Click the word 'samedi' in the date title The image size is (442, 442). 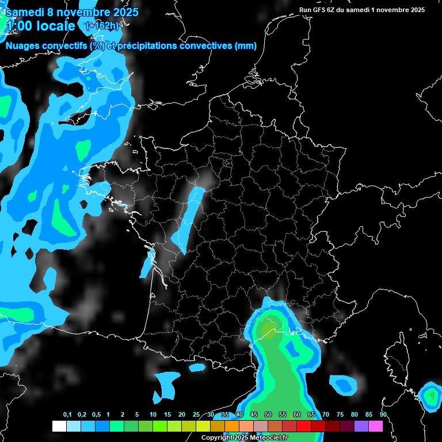[23, 12]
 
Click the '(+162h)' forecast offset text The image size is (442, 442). [102, 26]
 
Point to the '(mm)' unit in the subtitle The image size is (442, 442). [245, 46]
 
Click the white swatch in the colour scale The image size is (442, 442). [59, 426]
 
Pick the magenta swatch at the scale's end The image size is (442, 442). [376, 426]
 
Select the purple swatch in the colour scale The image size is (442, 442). [361, 426]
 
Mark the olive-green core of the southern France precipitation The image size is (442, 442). [269, 328]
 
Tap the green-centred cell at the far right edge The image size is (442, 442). [430, 395]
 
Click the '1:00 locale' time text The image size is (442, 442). [40, 26]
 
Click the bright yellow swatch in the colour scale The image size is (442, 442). [203, 426]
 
